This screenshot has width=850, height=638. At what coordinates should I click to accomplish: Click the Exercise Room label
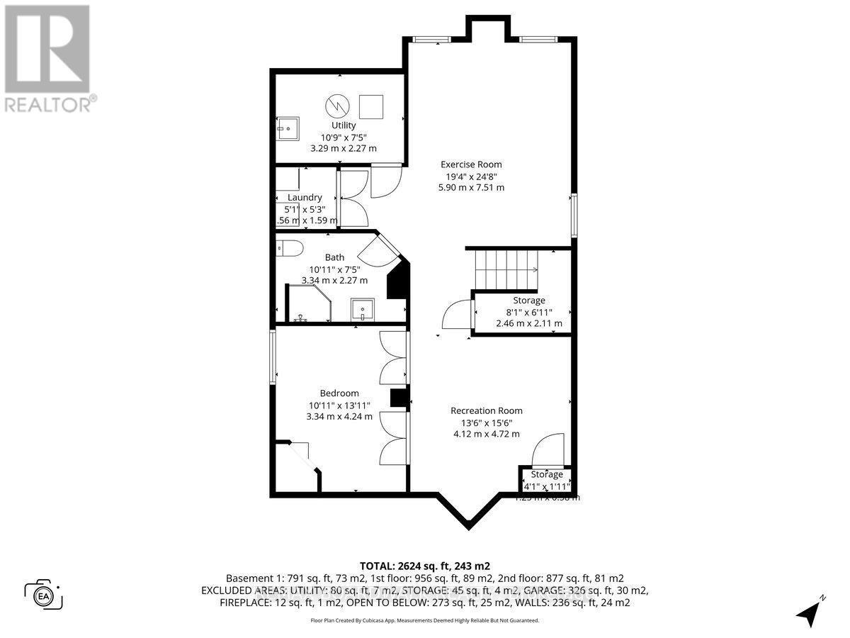pos(471,164)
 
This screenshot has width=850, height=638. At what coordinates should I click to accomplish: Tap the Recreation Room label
pos(487,410)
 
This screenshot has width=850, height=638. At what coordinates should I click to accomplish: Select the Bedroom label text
pos(339,393)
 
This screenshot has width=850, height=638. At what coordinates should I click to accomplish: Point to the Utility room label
pos(344,125)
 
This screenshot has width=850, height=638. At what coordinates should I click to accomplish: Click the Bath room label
pos(334,257)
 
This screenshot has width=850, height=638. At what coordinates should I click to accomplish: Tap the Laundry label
pos(305,197)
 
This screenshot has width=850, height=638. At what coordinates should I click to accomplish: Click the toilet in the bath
pos(288,247)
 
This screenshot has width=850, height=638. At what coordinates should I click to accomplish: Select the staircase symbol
pos(506,269)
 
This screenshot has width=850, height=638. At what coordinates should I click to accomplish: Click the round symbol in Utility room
pos(336,107)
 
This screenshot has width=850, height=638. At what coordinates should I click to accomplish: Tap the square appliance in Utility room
pos(372,107)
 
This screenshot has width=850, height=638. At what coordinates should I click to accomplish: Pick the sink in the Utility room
pos(288,128)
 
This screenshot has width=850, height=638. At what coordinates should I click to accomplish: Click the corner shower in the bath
pos(306,304)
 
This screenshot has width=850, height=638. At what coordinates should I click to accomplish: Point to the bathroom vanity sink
pos(363,310)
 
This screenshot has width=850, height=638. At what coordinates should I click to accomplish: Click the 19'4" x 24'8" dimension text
pos(471,176)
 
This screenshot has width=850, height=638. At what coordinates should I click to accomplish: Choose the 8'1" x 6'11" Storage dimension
pos(529,312)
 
